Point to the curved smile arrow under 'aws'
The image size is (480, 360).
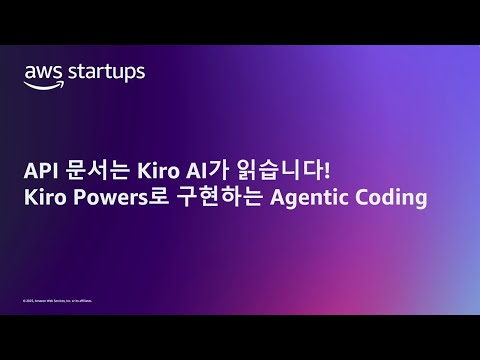[43, 85]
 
